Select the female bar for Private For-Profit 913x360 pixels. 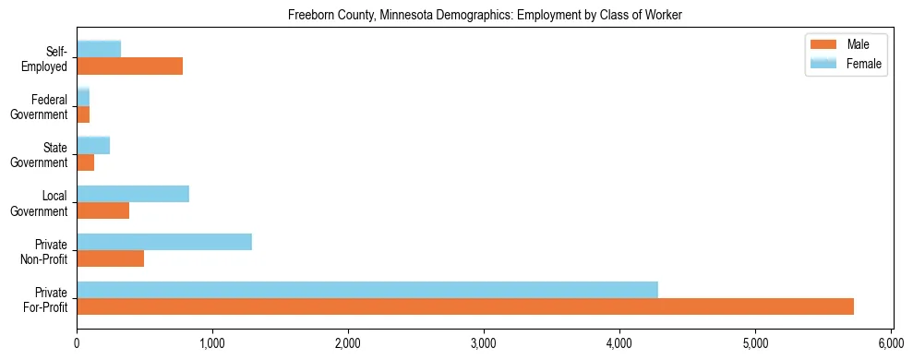click(x=367, y=290)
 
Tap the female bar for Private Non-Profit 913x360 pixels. click(x=164, y=242)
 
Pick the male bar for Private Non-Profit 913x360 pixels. click(x=111, y=258)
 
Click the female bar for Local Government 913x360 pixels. click(x=133, y=194)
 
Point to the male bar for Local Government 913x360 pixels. click(x=103, y=210)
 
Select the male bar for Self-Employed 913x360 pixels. click(x=130, y=66)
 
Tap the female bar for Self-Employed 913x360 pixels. click(x=99, y=50)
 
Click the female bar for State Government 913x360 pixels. click(x=93, y=146)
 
